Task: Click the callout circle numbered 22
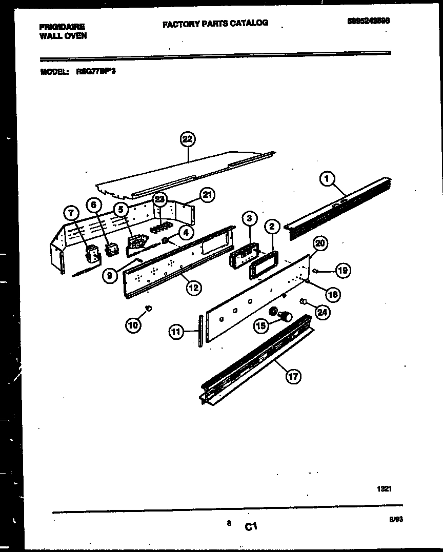(x=188, y=139)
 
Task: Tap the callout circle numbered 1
(x=328, y=179)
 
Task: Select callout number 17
(x=292, y=377)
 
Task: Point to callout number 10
(x=133, y=324)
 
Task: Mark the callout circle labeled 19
(x=343, y=270)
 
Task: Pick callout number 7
(x=71, y=212)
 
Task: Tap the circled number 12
(x=193, y=288)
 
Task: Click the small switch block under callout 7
(x=92, y=254)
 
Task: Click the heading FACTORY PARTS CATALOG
(x=215, y=23)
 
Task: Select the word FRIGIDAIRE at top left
(x=62, y=27)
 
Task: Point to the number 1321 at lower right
(x=384, y=489)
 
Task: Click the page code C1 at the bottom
(x=251, y=526)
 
